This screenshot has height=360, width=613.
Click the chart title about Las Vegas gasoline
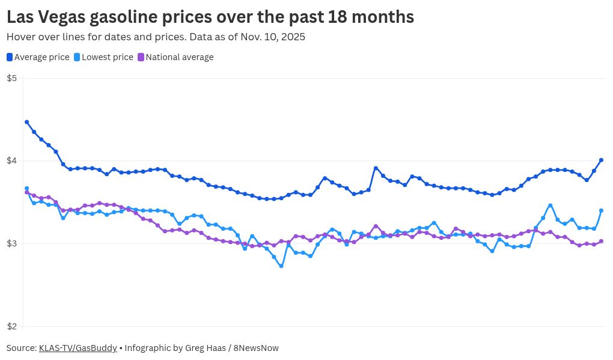[x=210, y=17]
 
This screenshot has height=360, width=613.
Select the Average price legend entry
[x=38, y=57]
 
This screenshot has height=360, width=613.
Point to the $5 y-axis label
[x=11, y=78]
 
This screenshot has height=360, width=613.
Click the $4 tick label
[x=11, y=161]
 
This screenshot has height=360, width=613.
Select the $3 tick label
[x=11, y=244]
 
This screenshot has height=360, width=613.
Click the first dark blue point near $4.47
[x=26, y=122]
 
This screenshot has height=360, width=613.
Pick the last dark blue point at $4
[x=601, y=160]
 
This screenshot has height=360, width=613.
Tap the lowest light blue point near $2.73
[x=281, y=266]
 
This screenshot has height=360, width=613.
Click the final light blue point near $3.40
[x=601, y=210]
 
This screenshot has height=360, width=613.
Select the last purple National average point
[x=601, y=242]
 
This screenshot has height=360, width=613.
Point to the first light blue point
[x=26, y=189]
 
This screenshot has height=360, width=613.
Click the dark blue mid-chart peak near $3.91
[x=376, y=168]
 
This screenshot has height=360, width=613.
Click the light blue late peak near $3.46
[x=550, y=206]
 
